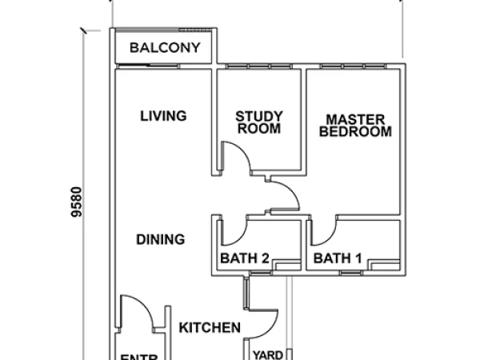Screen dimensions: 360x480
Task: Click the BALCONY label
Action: tap(165, 48)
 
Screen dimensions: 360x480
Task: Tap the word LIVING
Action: tap(163, 116)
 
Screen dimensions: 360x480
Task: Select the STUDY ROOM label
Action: tap(258, 122)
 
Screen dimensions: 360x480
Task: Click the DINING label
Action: tap(160, 239)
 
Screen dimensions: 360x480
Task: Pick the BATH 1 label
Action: tap(338, 258)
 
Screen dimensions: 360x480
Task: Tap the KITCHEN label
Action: tap(210, 327)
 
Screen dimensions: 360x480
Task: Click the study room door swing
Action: tap(237, 156)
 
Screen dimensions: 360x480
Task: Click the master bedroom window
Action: tap(352, 67)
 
